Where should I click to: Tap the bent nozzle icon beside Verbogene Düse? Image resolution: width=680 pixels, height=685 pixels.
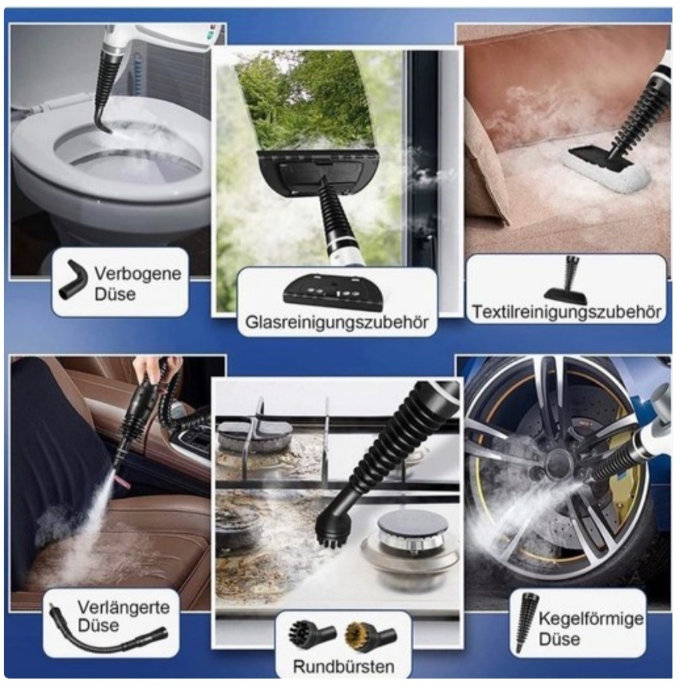coord(71,280)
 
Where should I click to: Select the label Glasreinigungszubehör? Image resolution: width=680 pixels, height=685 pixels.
coord(337,322)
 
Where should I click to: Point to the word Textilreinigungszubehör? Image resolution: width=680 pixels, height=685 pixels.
coord(567,312)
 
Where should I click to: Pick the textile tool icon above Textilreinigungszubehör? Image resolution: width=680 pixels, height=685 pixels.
coord(567,282)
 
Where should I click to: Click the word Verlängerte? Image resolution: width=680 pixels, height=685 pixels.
coord(123,607)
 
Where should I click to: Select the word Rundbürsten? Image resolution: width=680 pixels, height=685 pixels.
coord(344,667)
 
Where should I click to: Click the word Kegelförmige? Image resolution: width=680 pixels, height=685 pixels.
coord(591,619)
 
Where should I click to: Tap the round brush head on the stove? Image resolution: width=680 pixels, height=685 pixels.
coord(332,531)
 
